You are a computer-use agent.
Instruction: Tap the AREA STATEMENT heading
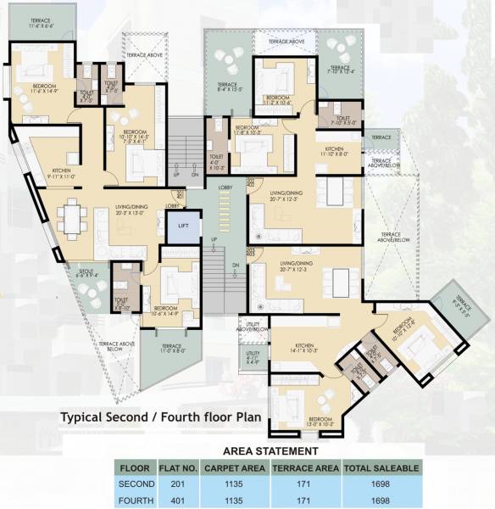click(270, 451)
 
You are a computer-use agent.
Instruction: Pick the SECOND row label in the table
click(137, 483)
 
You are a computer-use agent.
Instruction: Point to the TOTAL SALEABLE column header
click(380, 467)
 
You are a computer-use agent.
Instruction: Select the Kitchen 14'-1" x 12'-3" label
click(303, 348)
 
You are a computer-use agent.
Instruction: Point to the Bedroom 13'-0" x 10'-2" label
click(320, 422)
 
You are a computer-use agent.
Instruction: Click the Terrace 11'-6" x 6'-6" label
click(35, 22)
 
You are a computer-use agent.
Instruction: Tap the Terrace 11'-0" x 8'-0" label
click(172, 349)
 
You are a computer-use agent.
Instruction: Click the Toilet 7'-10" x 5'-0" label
click(343, 120)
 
